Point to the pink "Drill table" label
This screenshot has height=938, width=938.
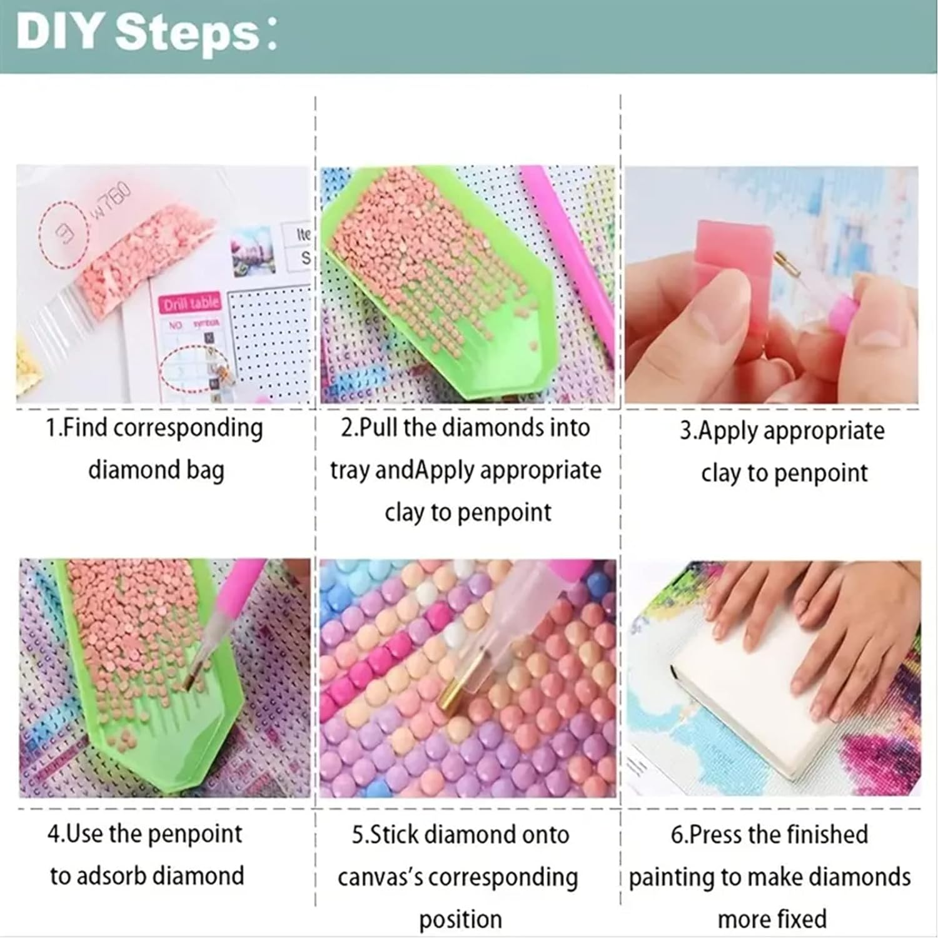click(x=191, y=304)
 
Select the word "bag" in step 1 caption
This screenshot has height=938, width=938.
click(x=204, y=470)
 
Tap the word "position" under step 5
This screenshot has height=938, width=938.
click(x=460, y=919)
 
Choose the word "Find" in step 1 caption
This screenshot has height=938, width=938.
click(x=85, y=428)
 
